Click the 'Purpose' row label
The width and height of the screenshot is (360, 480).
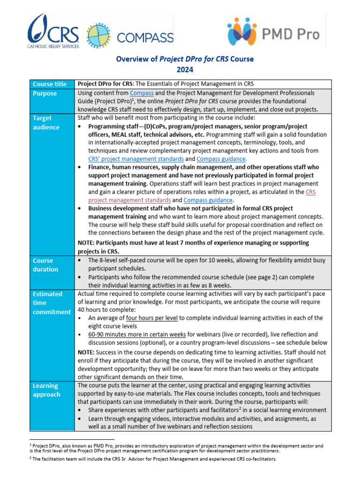pos(45,93)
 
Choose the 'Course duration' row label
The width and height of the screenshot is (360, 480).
pos(45,265)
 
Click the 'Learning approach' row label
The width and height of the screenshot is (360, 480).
pos(46,390)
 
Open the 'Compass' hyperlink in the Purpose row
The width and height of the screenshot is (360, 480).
pos(142,93)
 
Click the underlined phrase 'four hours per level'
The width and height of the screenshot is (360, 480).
pos(152,318)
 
